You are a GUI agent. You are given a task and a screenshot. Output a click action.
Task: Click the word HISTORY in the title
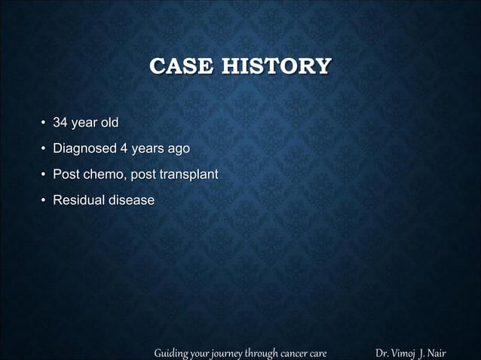coord(275,67)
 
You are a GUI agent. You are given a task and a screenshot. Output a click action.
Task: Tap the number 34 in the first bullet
coord(60,122)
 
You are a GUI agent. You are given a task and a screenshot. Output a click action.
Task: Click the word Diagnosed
coord(84,148)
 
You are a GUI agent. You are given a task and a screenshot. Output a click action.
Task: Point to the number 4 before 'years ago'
coord(124,148)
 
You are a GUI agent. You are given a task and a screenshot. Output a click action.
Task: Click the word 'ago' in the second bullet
coord(178,148)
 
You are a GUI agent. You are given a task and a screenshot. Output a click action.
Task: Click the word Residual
coord(77,200)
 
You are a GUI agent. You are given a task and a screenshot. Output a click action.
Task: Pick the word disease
coord(130,200)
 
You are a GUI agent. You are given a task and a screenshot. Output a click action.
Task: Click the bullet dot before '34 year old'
coord(43,123)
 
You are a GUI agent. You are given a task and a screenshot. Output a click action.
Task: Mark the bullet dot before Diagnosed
coord(43,149)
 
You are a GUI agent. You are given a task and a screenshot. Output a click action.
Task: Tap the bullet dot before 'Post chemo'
coord(43,175)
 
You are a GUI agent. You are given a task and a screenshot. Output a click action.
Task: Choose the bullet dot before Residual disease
coord(43,201)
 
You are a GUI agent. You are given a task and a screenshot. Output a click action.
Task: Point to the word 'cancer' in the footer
coord(289,352)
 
